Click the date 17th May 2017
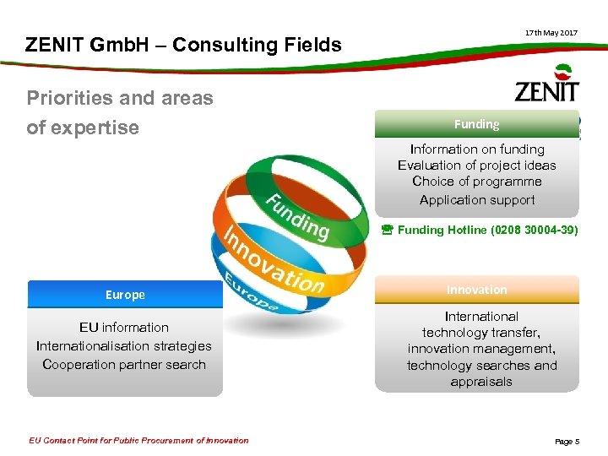pos(551,32)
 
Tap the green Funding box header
pos(477,124)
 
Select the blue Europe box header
pos(125,295)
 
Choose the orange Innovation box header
pos(477,290)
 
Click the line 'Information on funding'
pos(477,149)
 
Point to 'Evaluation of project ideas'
pos(477,166)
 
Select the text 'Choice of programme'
pos(477,182)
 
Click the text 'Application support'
pos(477,200)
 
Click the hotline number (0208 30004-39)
pos(535,230)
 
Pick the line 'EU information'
pos(124,328)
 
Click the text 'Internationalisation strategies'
pos(124,346)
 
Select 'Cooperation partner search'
pos(124,365)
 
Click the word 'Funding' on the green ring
pos(297,216)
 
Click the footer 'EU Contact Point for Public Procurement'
pos(138,440)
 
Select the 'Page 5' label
pos(567,441)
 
